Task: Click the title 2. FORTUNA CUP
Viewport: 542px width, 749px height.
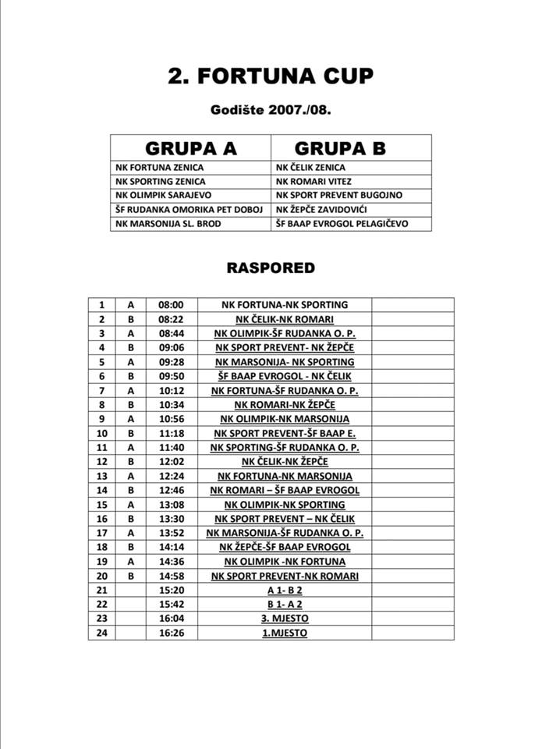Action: click(271, 76)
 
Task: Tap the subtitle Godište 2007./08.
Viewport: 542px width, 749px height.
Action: click(271, 110)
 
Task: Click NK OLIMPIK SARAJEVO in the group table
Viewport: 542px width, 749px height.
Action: click(162, 195)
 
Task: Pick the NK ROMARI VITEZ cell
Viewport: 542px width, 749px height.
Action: click(310, 181)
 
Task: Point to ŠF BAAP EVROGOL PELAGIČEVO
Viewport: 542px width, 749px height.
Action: click(342, 223)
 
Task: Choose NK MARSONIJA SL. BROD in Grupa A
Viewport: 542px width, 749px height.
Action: click(167, 223)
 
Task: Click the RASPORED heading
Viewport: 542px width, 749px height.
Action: click(271, 268)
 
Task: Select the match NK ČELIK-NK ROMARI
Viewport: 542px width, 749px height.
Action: click(284, 319)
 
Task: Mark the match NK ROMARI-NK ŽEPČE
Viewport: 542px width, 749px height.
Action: click(284, 405)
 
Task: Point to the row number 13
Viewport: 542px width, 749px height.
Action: click(101, 476)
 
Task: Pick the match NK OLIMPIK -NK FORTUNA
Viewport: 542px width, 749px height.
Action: click(284, 562)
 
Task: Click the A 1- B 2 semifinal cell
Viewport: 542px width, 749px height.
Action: click(284, 590)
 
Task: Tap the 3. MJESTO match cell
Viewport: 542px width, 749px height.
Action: click(284, 619)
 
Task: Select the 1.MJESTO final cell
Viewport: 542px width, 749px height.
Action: click(284, 633)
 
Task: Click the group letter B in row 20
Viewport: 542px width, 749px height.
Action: click(130, 576)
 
